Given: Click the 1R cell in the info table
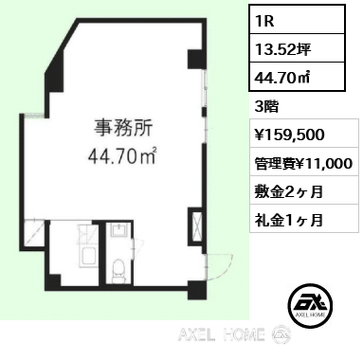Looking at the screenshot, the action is coord(297,19).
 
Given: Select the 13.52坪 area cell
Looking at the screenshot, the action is coord(297,48).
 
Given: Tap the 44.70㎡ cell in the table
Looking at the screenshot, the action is coord(297,77).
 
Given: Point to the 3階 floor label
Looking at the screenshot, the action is coord(266,107).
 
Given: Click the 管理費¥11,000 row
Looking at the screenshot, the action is coord(304,162).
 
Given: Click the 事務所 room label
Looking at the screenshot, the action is coord(123,128).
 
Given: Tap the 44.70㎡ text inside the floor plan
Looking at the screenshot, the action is coord(123,155).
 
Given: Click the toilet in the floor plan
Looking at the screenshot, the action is coord(118,271).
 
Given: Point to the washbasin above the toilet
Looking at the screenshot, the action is coord(118,230).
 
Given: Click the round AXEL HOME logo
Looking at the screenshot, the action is coord(311,304).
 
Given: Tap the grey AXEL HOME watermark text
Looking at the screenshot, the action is coord(222,334).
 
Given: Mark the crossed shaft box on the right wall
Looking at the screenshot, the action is coord(195,226).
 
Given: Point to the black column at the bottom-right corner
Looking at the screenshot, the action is coord(197,290).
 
